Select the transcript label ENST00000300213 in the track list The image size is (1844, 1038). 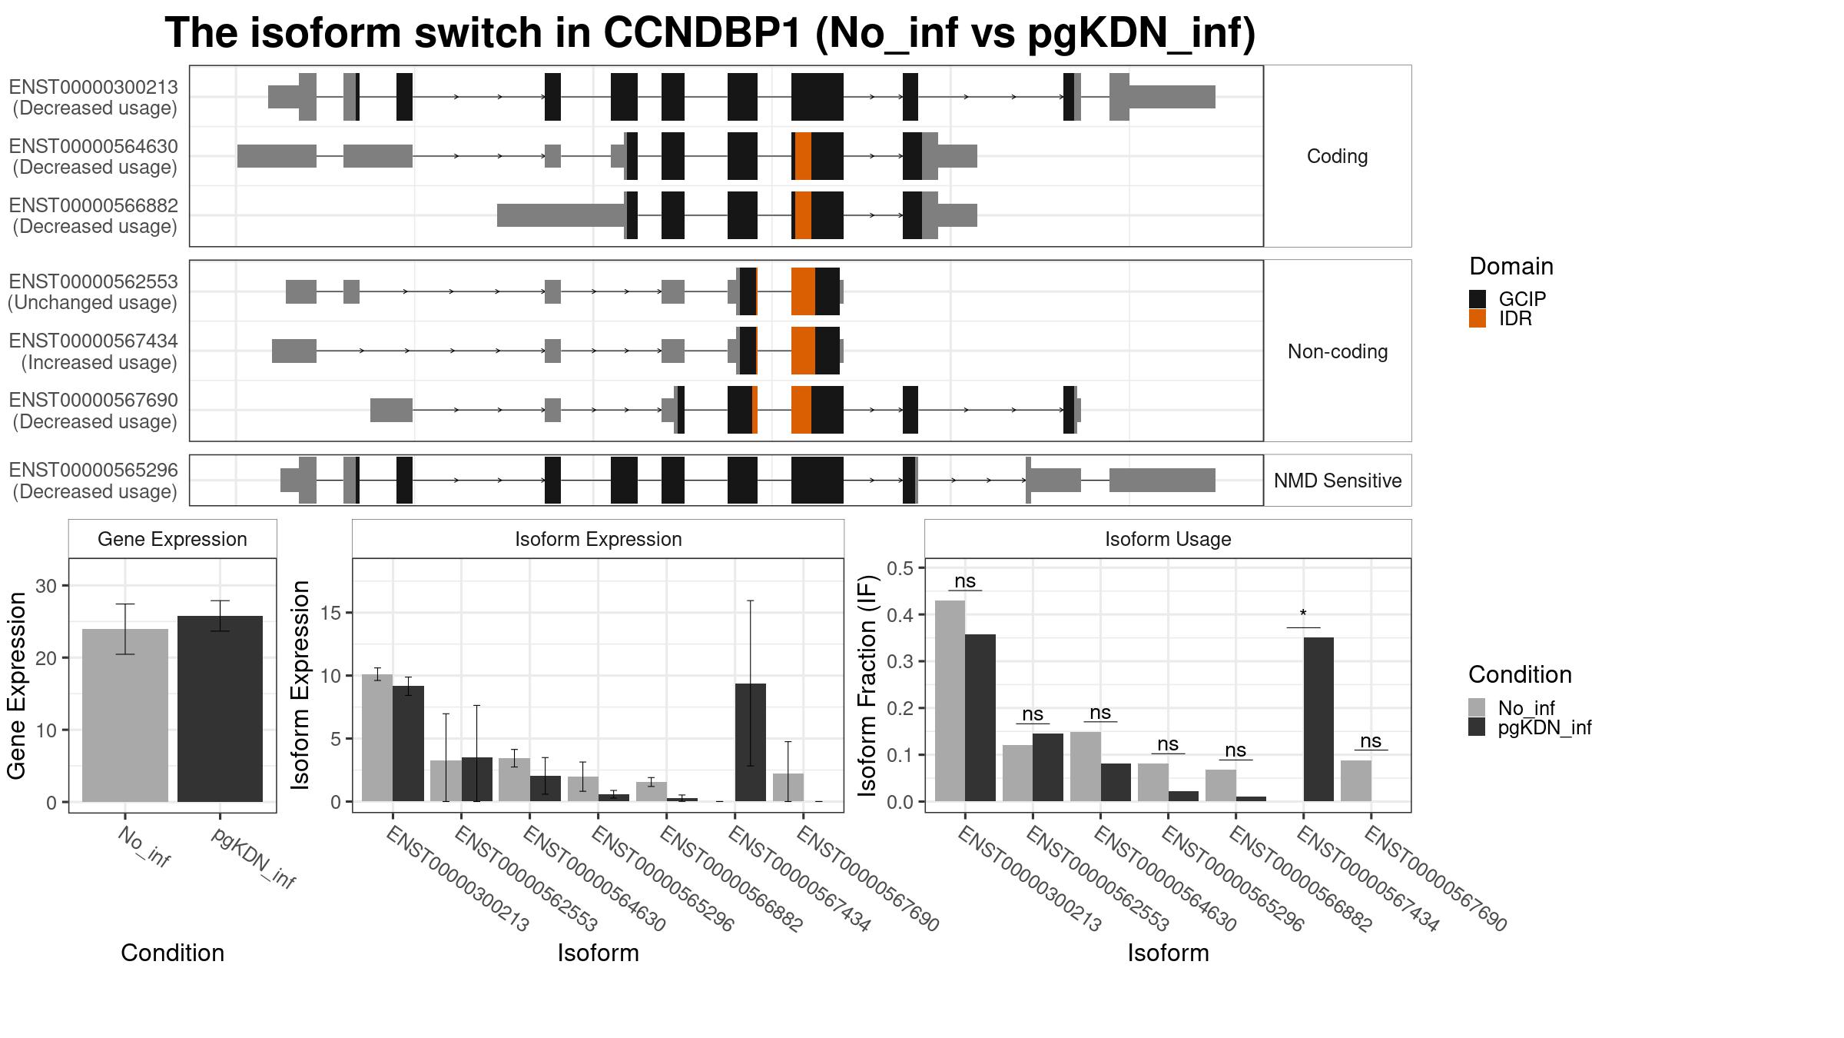(94, 87)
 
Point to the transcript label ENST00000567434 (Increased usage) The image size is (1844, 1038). (94, 351)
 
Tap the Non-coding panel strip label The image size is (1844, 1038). (1338, 351)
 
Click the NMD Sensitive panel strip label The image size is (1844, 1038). (1338, 481)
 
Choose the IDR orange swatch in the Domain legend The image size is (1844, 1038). (1478, 318)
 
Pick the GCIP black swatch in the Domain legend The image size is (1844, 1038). (1478, 299)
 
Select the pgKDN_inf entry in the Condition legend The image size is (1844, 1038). (1544, 727)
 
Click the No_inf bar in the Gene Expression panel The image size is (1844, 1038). (125, 716)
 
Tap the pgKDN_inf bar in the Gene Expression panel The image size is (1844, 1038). (220, 709)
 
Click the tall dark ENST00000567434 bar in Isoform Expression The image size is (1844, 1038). (751, 743)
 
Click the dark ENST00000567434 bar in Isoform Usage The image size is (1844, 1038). (1319, 720)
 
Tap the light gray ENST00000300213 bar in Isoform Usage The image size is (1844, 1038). (950, 701)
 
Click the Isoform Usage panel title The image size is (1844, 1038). (1168, 539)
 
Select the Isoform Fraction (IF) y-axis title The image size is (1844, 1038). (867, 685)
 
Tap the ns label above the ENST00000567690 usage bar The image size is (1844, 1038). (1371, 741)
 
